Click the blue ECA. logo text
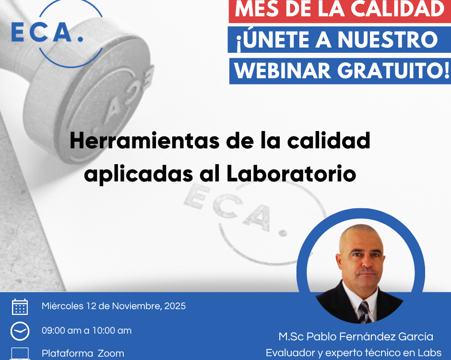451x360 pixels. tap(47, 32)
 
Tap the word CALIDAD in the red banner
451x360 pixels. tap(398, 9)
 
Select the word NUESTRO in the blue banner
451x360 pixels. tap(388, 39)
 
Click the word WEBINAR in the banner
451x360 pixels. tap(283, 71)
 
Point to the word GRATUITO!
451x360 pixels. tap(393, 71)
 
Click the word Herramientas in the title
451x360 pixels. tap(144, 141)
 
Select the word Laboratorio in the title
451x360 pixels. tap(291, 174)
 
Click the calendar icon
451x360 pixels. tap(20, 307)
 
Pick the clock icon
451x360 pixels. tap(20, 331)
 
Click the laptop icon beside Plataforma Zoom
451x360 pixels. tap(20, 354)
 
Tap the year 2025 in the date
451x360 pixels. tap(175, 306)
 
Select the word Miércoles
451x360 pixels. tap(62, 306)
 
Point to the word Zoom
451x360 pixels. tap(111, 353)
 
